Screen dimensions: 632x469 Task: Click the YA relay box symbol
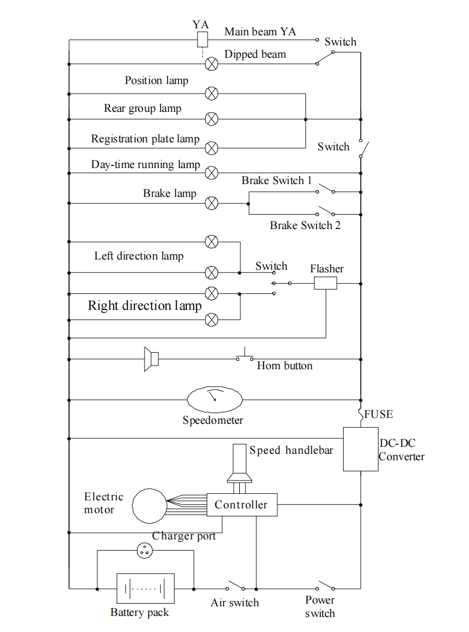point(202,39)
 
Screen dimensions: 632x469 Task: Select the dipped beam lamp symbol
point(212,64)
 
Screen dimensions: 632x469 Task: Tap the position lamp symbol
point(212,94)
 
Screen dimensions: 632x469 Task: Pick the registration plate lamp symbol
point(212,148)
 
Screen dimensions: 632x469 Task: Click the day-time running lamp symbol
point(212,172)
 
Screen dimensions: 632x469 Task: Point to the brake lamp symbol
point(212,203)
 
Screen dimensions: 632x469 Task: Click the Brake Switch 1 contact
point(326,191)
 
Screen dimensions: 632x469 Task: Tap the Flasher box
point(325,283)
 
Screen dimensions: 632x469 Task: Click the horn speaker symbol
point(151,359)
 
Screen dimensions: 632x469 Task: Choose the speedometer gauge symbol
point(215,399)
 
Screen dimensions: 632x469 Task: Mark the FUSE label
point(379,414)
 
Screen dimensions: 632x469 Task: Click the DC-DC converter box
point(360,449)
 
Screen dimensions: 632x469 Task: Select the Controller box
point(241,505)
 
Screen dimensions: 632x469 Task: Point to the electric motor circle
point(149,505)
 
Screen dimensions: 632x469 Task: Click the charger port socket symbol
point(145,550)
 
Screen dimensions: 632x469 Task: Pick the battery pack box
point(145,589)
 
